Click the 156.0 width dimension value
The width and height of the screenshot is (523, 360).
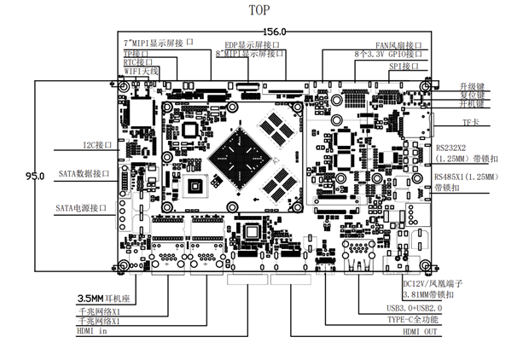[274, 32]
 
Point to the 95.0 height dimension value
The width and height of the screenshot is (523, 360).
[34, 176]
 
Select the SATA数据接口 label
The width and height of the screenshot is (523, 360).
[84, 174]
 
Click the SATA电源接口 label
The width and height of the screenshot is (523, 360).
[81, 207]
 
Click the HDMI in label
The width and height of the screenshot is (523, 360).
[92, 331]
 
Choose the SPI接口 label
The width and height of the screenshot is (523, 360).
[404, 66]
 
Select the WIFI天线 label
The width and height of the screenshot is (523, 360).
[142, 72]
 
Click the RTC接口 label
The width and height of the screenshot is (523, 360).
[138, 62]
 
